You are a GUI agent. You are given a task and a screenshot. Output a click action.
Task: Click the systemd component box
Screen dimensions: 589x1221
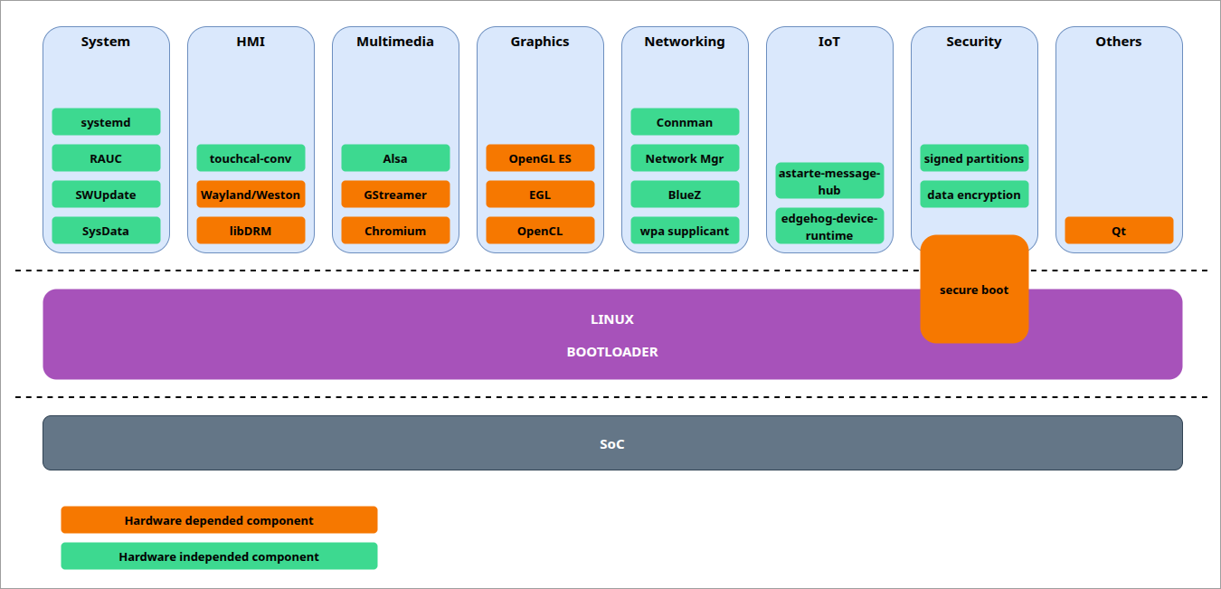106,122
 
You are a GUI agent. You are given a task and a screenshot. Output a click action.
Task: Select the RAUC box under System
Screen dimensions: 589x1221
106,158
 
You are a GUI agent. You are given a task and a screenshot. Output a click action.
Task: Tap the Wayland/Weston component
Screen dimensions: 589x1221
251,195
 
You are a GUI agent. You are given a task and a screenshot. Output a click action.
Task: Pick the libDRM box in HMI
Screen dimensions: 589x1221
251,231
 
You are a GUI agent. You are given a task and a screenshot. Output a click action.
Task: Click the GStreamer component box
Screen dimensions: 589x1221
395,195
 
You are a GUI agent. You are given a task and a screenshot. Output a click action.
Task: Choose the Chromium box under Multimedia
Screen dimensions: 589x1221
395,231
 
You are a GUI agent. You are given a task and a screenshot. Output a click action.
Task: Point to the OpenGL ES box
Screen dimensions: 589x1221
540,158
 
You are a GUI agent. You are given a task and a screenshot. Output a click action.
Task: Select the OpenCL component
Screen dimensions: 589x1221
540,231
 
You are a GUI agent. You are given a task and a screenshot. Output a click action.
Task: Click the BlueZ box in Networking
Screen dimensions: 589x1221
685,195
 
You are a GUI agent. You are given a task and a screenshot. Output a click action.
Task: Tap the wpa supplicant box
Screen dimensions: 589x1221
685,231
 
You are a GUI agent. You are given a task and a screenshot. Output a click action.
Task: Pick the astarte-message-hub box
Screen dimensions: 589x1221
829,181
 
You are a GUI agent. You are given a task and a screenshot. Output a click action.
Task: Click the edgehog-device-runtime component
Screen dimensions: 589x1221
829,226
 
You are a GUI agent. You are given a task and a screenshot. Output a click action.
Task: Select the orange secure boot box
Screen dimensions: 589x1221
974,290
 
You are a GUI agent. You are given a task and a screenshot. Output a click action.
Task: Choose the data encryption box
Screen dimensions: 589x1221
974,195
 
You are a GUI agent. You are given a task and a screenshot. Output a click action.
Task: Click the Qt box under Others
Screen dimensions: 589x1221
1119,231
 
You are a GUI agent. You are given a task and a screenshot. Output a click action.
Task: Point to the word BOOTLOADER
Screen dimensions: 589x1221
612,352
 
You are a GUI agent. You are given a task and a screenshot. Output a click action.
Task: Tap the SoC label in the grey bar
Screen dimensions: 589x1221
612,444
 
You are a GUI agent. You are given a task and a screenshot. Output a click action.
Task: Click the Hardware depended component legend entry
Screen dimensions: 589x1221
219,520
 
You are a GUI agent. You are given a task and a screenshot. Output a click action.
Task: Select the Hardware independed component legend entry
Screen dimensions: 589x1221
219,556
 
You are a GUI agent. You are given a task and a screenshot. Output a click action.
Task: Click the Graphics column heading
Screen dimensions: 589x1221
540,42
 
